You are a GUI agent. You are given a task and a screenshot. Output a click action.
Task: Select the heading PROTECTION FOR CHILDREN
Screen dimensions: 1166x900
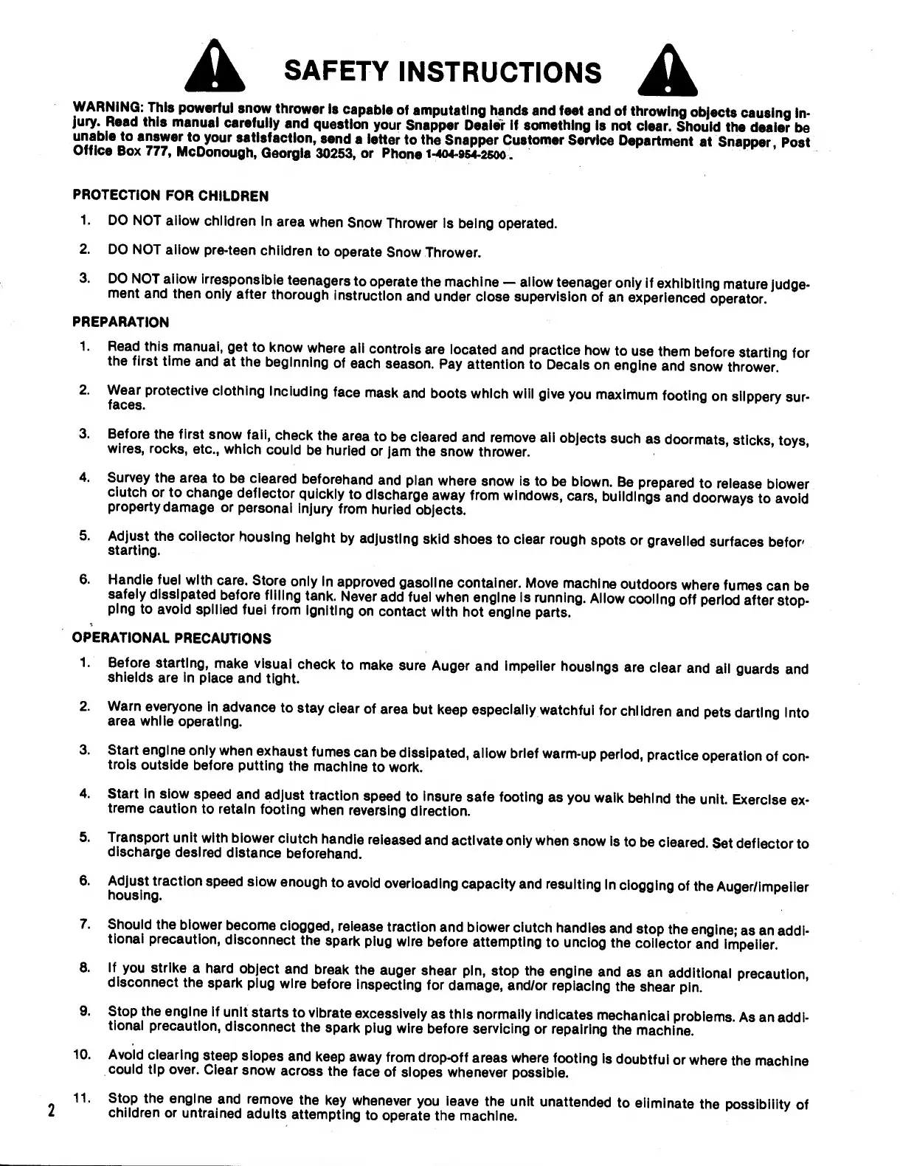[x=170, y=196]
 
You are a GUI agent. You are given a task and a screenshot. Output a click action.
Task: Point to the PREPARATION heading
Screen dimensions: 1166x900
[x=121, y=322]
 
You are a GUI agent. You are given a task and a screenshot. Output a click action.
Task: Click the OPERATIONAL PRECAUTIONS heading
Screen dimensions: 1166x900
[x=171, y=638]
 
